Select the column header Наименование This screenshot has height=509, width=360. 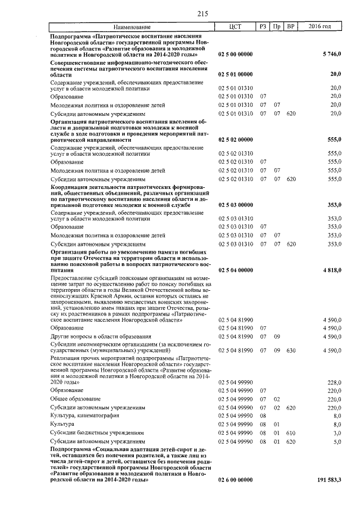(132, 27)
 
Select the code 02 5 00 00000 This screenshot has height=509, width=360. (235, 55)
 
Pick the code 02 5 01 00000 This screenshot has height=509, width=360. (235, 74)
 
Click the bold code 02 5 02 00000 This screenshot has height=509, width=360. (235, 139)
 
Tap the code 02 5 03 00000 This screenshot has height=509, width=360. (235, 205)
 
